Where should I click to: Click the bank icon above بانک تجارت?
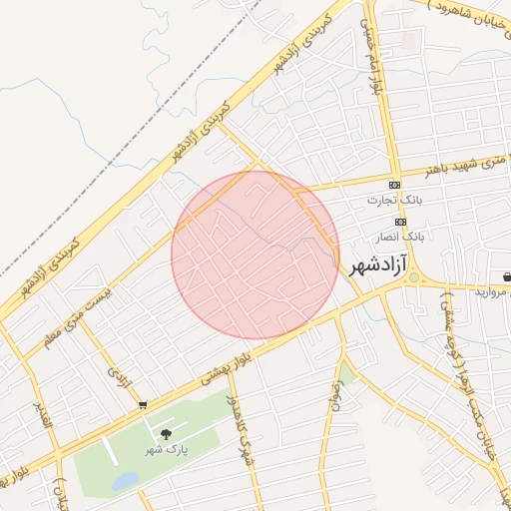pyautogui.click(x=394, y=185)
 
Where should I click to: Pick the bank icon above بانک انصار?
pyautogui.click(x=401, y=222)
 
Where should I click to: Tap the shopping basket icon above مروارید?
pyautogui.click(x=507, y=275)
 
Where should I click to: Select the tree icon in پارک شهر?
pyautogui.click(x=166, y=434)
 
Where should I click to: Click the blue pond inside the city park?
pyautogui.click(x=126, y=481)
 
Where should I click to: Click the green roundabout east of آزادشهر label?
pyautogui.click(x=413, y=277)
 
